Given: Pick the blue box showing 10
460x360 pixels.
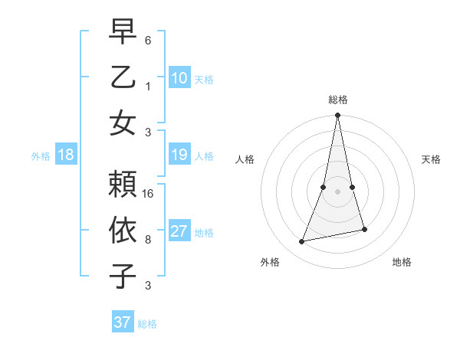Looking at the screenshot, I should [x=179, y=77].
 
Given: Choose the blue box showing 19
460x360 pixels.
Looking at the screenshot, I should [x=179, y=155].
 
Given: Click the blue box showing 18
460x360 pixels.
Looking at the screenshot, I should [x=66, y=155].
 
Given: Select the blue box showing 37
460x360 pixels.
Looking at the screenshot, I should [x=123, y=322].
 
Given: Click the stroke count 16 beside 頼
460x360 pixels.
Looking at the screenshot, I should [x=148, y=193].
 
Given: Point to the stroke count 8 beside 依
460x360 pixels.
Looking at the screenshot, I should [x=148, y=240].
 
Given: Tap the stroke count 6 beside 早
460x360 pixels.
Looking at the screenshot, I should [x=148, y=40].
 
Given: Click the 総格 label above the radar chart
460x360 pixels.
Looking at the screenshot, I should [x=338, y=100].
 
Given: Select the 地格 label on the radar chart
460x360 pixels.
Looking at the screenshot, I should [x=402, y=262].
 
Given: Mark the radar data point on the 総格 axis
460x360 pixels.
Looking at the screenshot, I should [x=338, y=116].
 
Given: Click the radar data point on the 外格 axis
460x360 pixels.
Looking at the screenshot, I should [x=302, y=241].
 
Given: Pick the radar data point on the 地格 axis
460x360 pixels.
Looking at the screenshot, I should [x=364, y=229].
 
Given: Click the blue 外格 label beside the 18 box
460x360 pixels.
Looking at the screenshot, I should [x=41, y=156].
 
